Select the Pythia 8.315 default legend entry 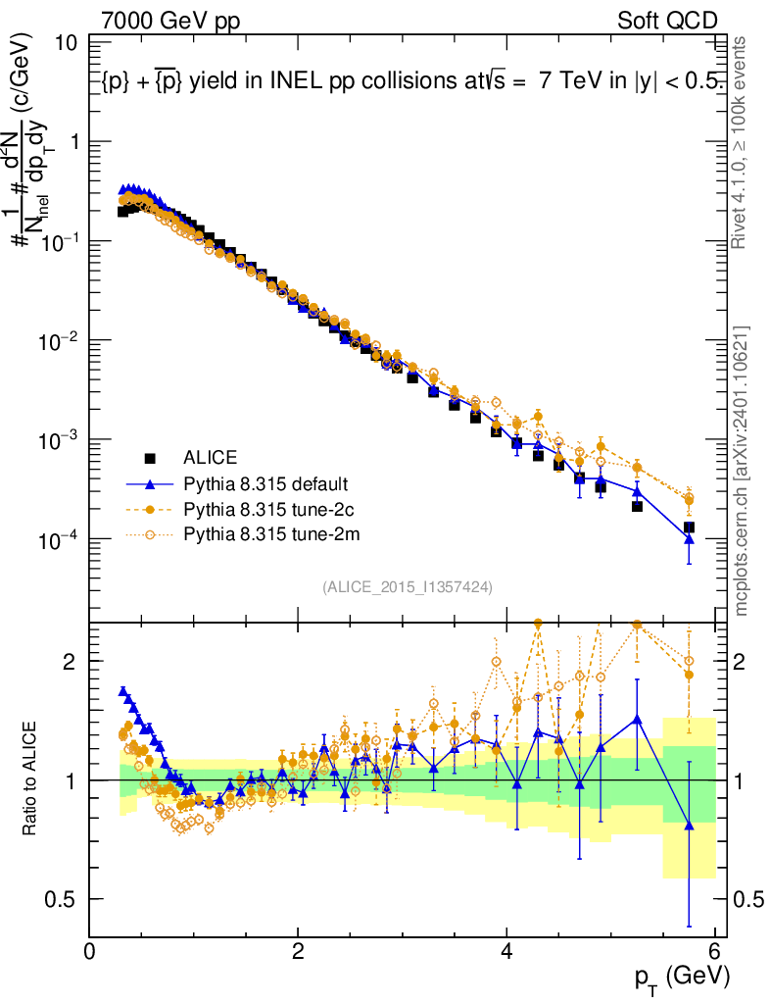tap(265, 483)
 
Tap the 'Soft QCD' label tap(667, 21)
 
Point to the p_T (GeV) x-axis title tap(682, 977)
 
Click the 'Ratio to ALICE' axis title tap(30, 779)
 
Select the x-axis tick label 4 tap(506, 952)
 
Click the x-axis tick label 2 tap(298, 952)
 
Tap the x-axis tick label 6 tap(715, 952)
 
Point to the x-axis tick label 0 tap(90, 952)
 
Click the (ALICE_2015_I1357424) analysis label tap(407, 586)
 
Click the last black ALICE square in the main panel tap(690, 527)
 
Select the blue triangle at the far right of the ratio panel tap(690, 826)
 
